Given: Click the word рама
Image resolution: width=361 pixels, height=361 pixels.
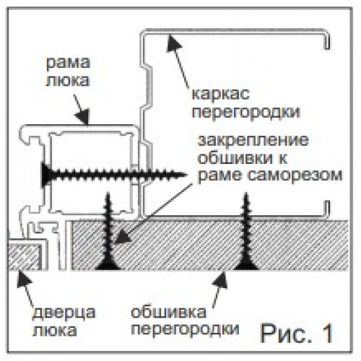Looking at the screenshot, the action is [68, 63].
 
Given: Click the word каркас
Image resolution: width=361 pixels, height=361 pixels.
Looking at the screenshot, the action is [220, 94].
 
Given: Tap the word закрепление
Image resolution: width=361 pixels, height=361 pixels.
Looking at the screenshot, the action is [253, 142].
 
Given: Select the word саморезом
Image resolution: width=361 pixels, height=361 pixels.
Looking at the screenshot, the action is [295, 175].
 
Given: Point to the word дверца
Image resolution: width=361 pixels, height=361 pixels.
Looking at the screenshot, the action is [64, 313].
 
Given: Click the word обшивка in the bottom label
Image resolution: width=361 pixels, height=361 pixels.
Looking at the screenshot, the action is [169, 312].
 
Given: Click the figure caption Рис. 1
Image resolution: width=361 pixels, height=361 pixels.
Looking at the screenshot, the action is [297, 334].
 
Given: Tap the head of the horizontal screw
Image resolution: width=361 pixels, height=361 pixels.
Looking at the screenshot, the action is [45, 175].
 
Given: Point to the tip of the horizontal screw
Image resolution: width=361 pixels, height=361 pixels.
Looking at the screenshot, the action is [187, 175].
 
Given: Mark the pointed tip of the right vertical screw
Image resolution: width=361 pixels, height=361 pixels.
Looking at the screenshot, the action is [246, 193].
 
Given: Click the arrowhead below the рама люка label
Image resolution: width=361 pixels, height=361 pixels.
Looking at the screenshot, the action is [83, 117].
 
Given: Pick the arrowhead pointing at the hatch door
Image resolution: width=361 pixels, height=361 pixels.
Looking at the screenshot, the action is [24, 279].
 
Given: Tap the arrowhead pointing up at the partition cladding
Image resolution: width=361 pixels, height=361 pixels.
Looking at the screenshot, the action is [221, 279].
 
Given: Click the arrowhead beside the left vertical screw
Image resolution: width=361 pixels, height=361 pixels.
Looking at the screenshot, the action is [122, 236].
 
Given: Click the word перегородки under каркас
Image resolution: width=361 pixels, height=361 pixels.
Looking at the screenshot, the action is [246, 112].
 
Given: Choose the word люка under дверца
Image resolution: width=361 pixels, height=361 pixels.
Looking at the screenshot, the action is [55, 331].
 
